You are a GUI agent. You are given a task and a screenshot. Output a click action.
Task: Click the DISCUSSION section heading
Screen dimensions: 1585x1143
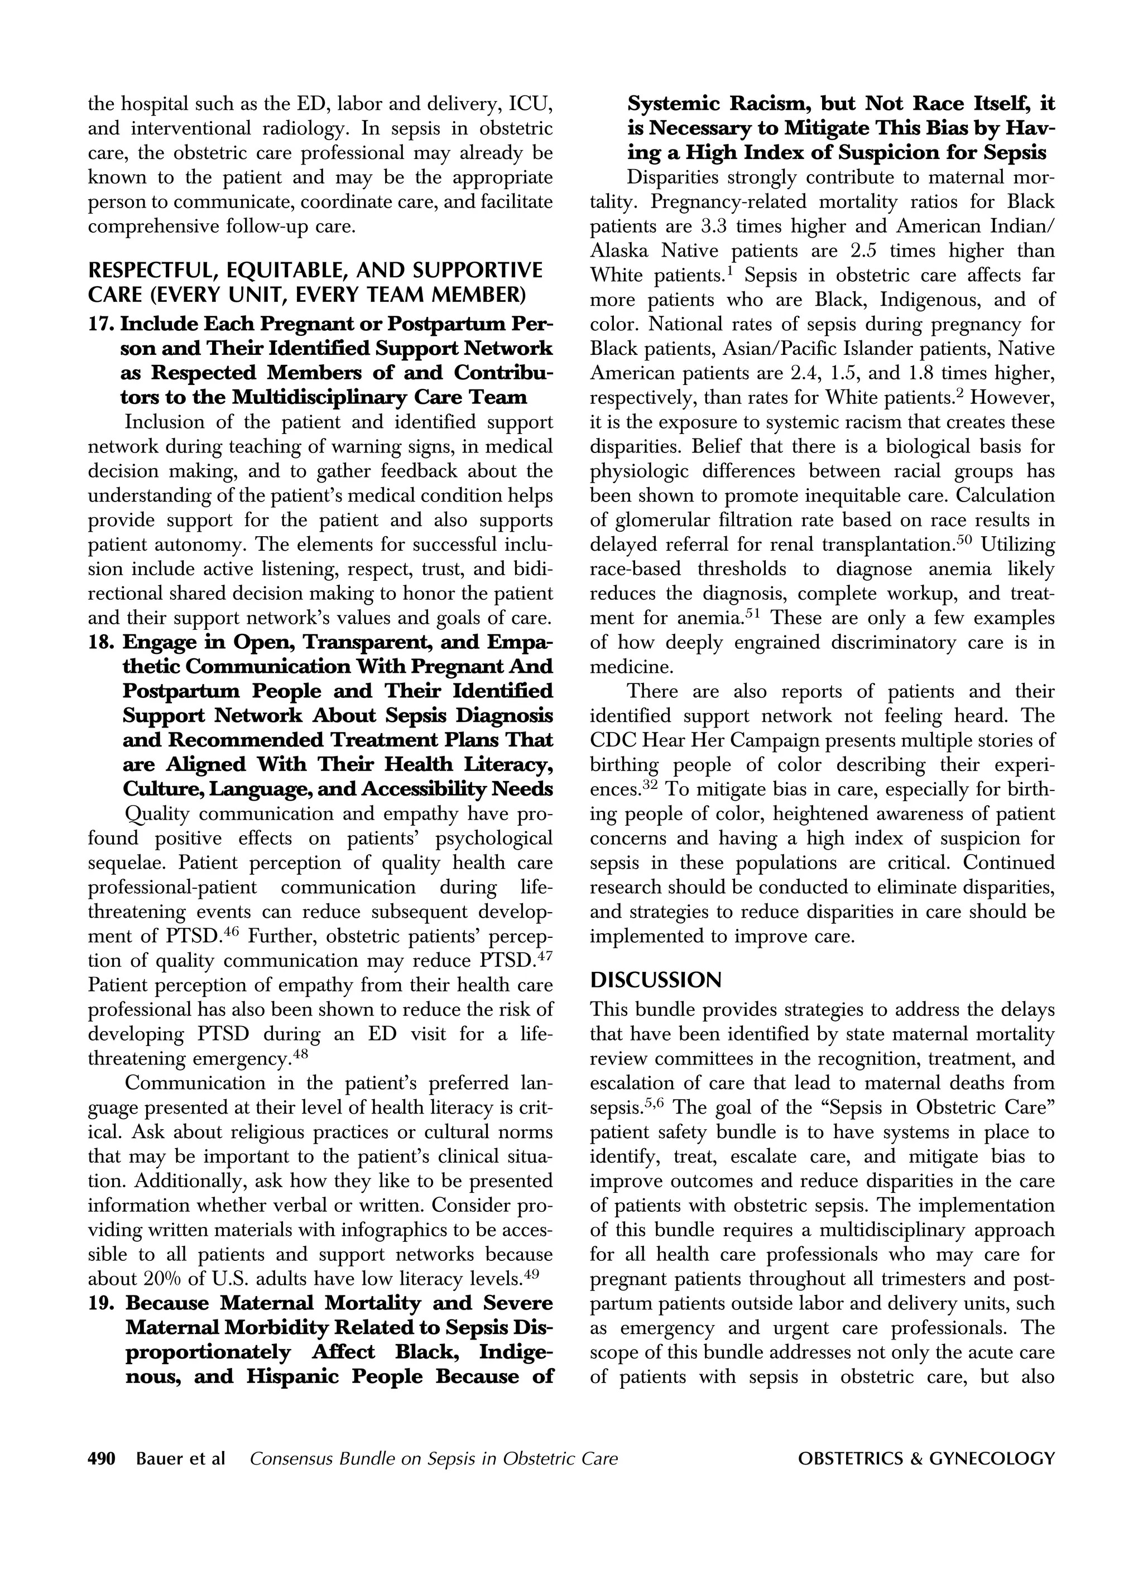(655, 980)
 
